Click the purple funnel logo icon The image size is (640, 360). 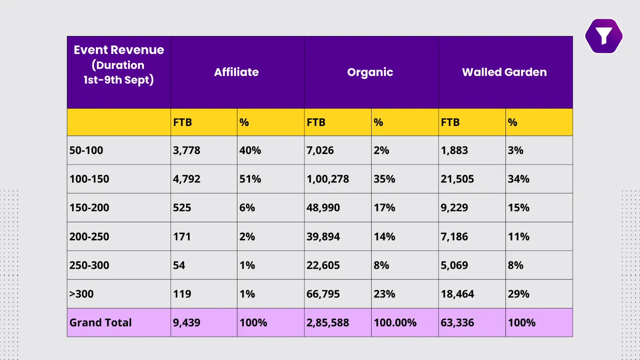[x=604, y=36]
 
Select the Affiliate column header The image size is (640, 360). [x=236, y=72]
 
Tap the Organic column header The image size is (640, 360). [x=370, y=72]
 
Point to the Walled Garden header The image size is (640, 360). [x=504, y=72]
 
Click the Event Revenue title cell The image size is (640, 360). [x=119, y=65]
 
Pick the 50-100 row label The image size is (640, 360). [x=86, y=150]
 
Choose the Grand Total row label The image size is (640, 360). [x=101, y=322]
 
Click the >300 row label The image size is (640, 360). [x=82, y=294]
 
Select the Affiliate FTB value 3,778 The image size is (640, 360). [x=187, y=150]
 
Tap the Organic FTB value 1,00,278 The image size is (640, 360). [x=328, y=179]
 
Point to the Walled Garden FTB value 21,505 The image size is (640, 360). [x=457, y=179]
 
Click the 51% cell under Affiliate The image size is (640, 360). [x=250, y=179]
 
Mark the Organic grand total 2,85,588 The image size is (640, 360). [x=328, y=322]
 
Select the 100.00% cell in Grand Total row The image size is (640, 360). [x=395, y=322]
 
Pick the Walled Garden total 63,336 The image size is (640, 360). [x=457, y=322]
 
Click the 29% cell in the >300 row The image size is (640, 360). [x=519, y=294]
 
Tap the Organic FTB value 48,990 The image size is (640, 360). [x=323, y=208]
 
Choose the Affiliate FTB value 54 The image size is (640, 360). [x=179, y=265]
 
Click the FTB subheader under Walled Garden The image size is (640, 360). [x=450, y=122]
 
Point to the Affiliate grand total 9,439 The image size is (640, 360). [x=187, y=322]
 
